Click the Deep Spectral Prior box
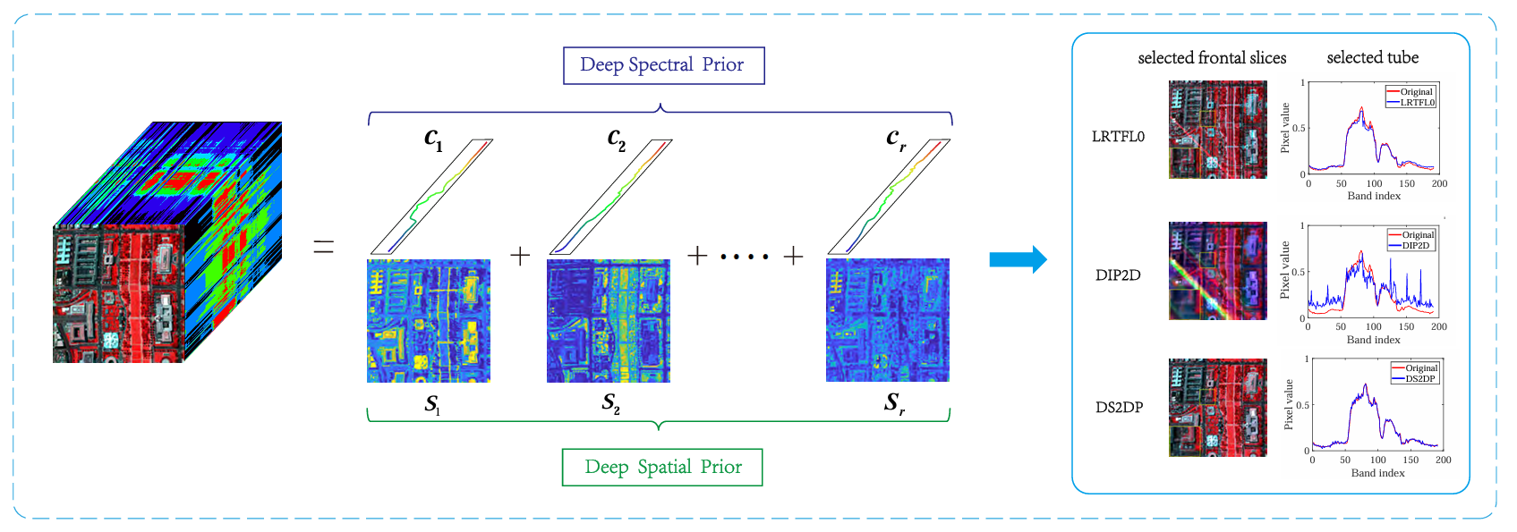coord(663,65)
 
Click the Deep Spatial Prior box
coord(662,467)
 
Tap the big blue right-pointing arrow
coord(1017,259)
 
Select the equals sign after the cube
coord(323,247)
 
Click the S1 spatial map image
coord(429,321)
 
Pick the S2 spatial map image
coord(608,321)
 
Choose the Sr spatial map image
coord(887,321)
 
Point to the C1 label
coord(433,139)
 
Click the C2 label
coord(616,139)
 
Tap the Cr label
coord(896,139)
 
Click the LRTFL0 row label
coord(1118,137)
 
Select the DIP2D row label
coord(1118,275)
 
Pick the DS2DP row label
coord(1119,408)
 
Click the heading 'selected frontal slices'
coord(1212,58)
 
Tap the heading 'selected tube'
coord(1372,58)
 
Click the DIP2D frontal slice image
coord(1217,271)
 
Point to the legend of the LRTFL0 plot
coord(1410,97)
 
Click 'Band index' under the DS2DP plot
coord(1377,473)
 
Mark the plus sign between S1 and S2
coord(520,257)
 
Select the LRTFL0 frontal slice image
coord(1217,130)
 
